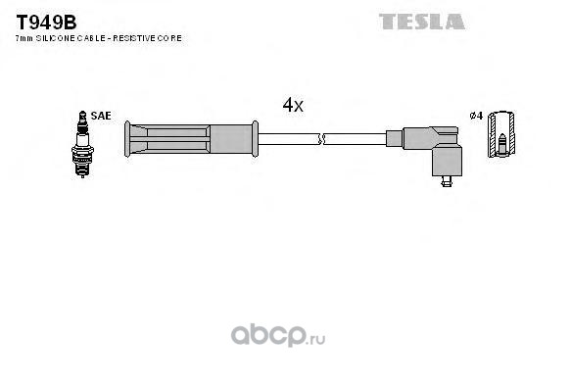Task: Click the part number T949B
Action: pos(46,23)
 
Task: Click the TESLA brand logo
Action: pos(422,22)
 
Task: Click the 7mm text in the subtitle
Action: pos(24,38)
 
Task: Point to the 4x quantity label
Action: pos(293,105)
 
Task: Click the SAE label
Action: pos(101,116)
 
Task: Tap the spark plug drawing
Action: pos(82,144)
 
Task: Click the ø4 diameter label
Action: pos(476,116)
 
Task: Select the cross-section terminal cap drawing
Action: pos(501,134)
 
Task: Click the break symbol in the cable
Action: pos(321,139)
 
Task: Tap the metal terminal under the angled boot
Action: pos(447,181)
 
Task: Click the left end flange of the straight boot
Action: pos(127,139)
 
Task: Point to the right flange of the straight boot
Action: pos(255,139)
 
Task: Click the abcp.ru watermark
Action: pos(278,335)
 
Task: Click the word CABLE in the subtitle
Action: pos(91,38)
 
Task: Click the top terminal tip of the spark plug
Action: pos(83,114)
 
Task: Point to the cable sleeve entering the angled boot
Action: pos(395,139)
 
